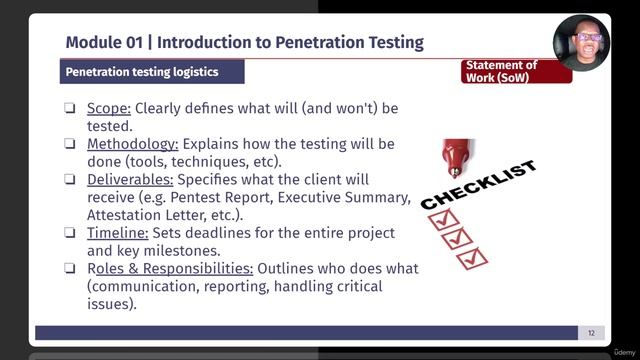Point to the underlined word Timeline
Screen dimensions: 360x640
click(x=119, y=233)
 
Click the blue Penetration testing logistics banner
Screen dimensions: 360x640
click(x=141, y=72)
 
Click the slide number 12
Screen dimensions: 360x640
click(x=591, y=333)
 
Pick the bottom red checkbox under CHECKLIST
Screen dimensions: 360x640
click(x=471, y=258)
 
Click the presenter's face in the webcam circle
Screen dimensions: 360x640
click(x=584, y=41)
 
